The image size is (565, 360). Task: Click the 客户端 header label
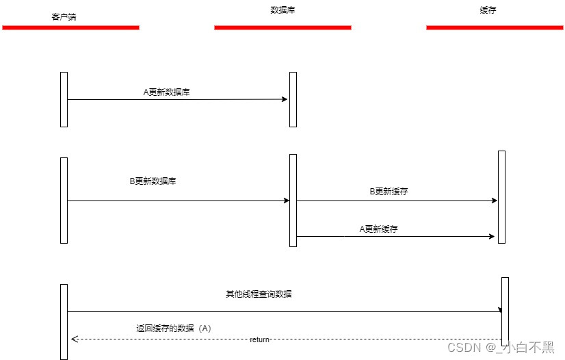(x=64, y=16)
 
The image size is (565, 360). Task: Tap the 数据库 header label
(x=282, y=10)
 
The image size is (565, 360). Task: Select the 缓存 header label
(x=488, y=11)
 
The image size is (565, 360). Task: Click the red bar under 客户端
(x=70, y=27)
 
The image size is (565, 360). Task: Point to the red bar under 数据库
(x=282, y=27)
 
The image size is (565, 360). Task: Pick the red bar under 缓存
(x=495, y=27)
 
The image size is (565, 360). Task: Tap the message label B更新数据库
(x=153, y=181)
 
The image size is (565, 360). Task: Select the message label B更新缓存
(x=389, y=192)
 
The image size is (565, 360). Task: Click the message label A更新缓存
(x=378, y=229)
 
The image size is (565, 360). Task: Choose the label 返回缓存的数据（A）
(x=174, y=329)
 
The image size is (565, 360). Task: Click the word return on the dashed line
(x=259, y=339)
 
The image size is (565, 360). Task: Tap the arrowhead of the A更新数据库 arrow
(x=285, y=99)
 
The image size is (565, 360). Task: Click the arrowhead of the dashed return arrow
(x=74, y=339)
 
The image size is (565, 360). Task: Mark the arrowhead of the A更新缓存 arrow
(x=491, y=236)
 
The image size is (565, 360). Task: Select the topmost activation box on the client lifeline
(x=64, y=99)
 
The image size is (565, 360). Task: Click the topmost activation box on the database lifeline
(x=293, y=99)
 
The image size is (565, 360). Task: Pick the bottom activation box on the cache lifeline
(x=505, y=311)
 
